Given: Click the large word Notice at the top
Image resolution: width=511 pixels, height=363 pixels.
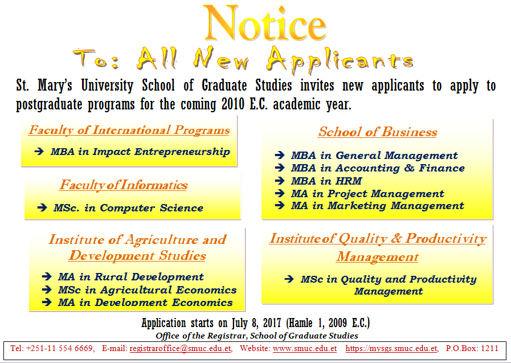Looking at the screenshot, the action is pos(265,23).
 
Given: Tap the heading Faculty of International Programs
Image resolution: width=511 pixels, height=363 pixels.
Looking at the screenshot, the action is pos(129,130).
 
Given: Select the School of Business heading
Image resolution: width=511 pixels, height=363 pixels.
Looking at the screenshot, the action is pos(378,132).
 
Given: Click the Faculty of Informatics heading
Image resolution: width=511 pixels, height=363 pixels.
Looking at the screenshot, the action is pos(123,185).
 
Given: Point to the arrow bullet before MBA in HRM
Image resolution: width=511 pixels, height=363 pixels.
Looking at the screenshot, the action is pos(280,181).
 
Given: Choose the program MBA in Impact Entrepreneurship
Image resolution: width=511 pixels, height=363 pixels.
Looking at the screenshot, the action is pos(140,152).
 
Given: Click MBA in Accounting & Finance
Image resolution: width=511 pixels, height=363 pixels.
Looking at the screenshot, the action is pos(378,168).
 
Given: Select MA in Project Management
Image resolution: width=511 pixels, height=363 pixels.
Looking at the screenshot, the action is pos(367,194).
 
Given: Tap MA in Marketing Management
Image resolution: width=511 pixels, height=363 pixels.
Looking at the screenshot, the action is pos(377,206).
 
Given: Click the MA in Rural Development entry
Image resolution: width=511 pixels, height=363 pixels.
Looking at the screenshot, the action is pos(131,276).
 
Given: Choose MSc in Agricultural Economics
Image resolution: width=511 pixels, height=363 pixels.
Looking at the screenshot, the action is pos(148,289).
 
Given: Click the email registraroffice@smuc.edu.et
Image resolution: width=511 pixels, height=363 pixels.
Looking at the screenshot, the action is pos(180,348).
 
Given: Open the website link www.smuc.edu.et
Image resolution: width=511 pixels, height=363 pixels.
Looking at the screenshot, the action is pos(305,348).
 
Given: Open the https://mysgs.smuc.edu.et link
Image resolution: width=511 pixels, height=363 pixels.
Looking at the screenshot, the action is pos(391,348).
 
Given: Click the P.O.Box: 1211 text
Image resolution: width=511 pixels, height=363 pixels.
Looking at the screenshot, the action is pos(472,348).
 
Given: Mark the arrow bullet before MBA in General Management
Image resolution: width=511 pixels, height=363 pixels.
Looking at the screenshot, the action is pos(280,155).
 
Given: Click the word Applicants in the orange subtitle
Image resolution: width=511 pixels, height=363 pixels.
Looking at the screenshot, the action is pos(340,59).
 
